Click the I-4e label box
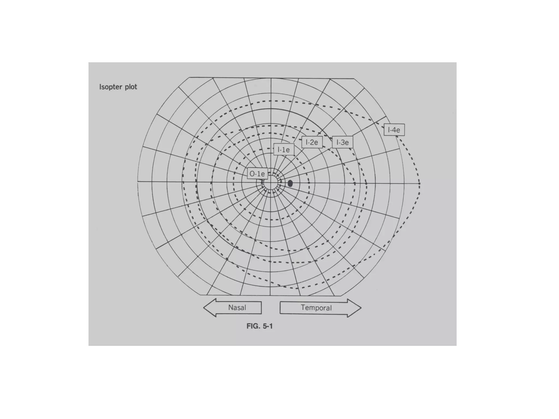pos(394,130)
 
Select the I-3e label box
pos(342,142)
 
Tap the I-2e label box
pos(312,142)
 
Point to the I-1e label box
pos(284,149)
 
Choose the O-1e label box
pos(257,174)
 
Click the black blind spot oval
pos(290,183)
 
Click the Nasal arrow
pos(233,307)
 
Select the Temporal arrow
pos(320,308)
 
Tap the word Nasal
pos(237,308)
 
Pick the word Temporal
pos(316,308)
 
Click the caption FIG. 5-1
pos(259,326)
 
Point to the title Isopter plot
pos(118,87)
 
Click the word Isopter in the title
pos(111,87)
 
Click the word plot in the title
pos(131,87)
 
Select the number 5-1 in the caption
pos(267,326)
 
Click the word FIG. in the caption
pos(253,326)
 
